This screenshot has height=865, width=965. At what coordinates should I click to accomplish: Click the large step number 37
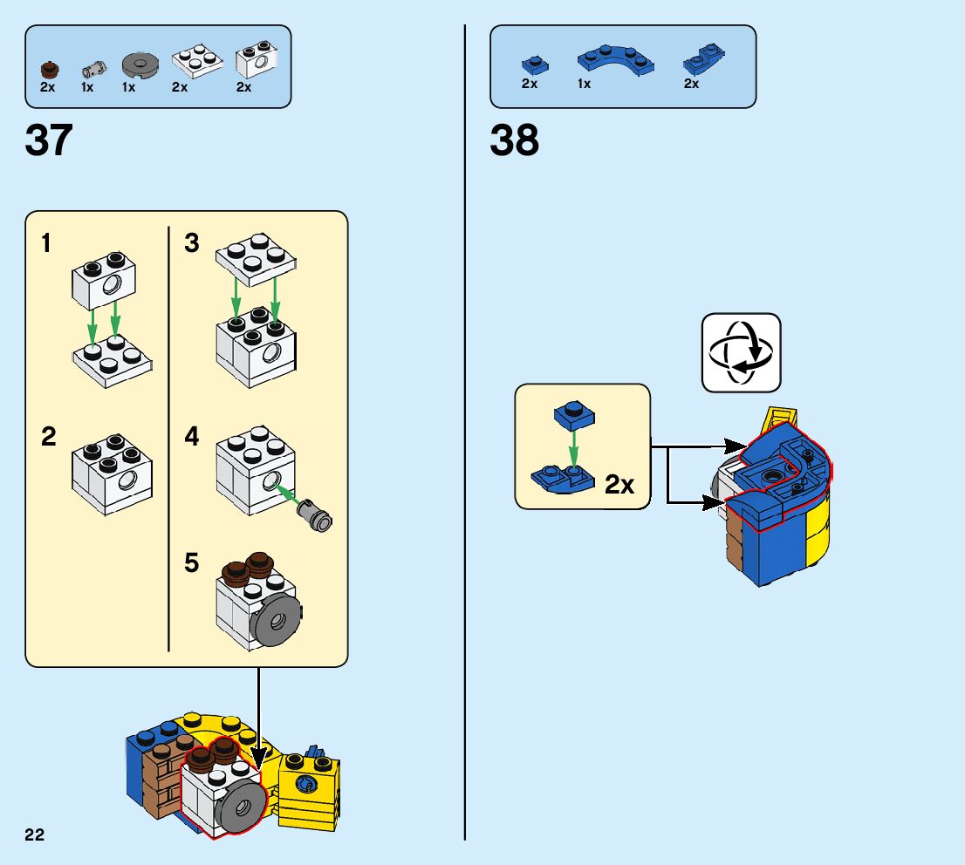point(49,140)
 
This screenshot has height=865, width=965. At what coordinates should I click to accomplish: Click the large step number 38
point(514,140)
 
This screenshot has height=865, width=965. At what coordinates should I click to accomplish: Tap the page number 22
point(35,835)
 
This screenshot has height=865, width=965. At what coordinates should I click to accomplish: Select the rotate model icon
point(741,352)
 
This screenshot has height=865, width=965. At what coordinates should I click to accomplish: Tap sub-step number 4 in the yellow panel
point(192,436)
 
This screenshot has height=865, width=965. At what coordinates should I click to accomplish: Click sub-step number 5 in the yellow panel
point(192,563)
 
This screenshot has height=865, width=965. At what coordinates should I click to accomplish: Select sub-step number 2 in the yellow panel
point(49,436)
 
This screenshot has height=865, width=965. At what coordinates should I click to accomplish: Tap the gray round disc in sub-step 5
point(276,619)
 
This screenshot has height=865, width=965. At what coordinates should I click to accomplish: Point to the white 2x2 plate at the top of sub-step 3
point(255,258)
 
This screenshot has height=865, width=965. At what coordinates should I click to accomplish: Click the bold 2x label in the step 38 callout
point(619,485)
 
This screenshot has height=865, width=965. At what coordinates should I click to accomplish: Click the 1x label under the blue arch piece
point(584,84)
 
